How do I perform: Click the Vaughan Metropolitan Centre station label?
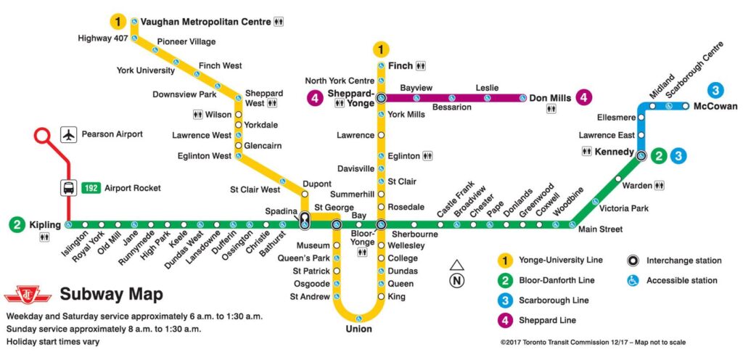(x=205, y=22)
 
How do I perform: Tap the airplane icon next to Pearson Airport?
(x=68, y=135)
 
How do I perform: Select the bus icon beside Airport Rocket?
(x=68, y=188)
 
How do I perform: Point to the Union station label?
(x=358, y=329)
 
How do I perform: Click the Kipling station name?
(x=45, y=224)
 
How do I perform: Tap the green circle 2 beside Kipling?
(x=17, y=224)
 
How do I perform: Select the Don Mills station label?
(x=549, y=98)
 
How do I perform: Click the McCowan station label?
(x=715, y=107)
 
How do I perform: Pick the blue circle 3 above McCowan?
(x=716, y=91)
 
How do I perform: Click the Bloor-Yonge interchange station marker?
(x=381, y=224)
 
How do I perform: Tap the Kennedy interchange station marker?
(x=641, y=155)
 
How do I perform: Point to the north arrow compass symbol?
(x=456, y=274)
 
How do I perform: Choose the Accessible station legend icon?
(x=632, y=280)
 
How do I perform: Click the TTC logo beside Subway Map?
(x=28, y=295)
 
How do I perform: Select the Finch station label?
(x=401, y=66)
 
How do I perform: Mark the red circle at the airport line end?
(x=41, y=135)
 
